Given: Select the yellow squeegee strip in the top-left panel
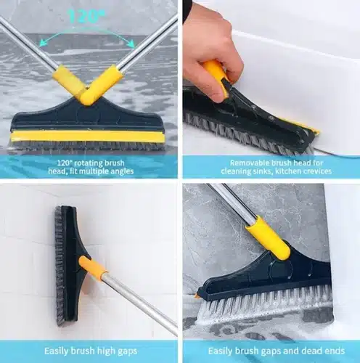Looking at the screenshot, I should (x=87, y=136).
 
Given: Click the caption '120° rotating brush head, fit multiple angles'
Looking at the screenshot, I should (x=89, y=166).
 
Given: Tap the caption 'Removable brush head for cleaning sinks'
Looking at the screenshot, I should (x=270, y=166).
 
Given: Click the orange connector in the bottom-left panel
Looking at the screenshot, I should (x=92, y=268).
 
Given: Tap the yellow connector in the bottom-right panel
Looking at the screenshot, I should (x=268, y=237).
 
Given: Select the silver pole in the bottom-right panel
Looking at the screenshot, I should (x=231, y=203).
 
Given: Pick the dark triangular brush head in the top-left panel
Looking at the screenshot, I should (x=87, y=116).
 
